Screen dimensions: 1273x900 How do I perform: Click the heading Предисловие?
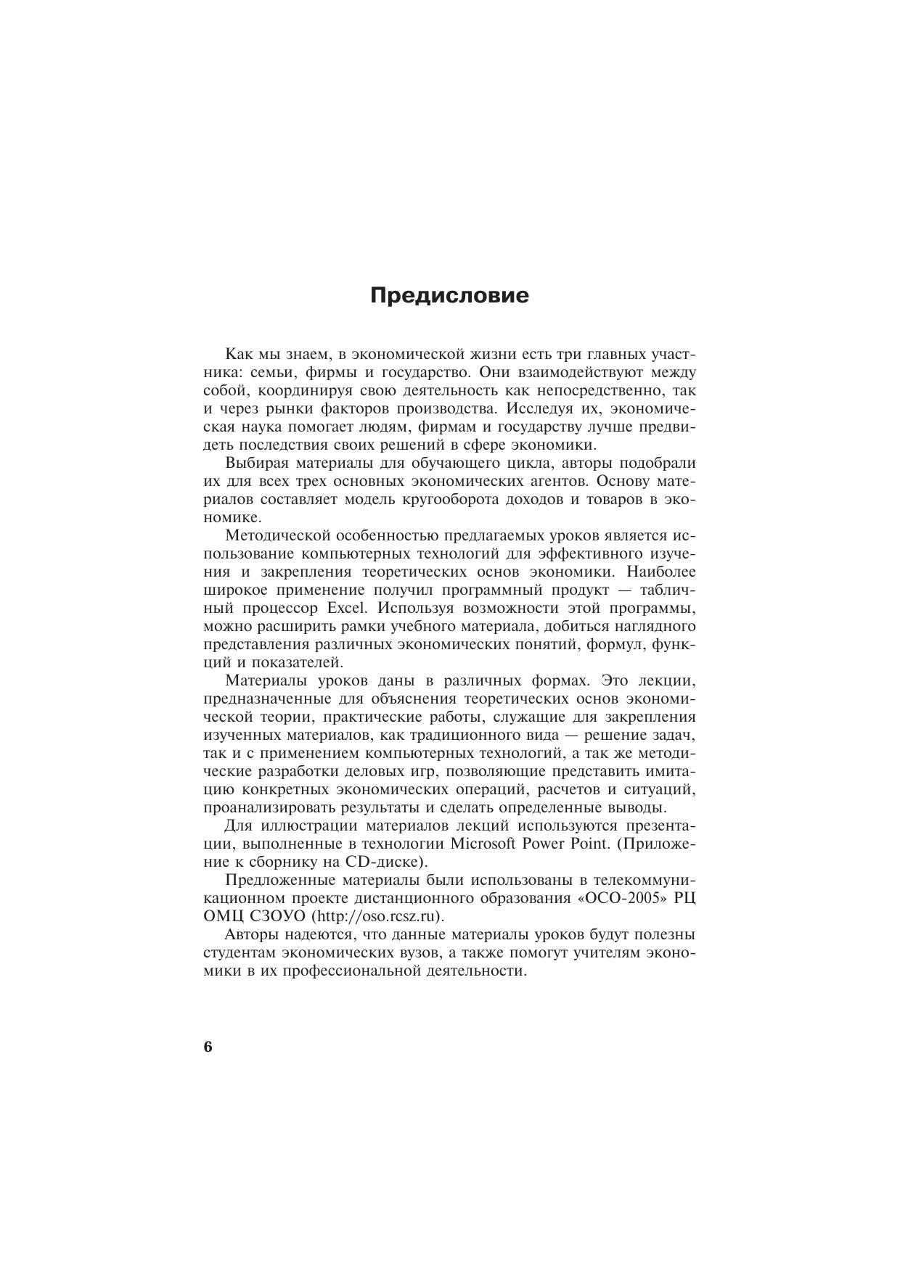click(449, 296)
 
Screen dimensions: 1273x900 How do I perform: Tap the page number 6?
click(208, 1047)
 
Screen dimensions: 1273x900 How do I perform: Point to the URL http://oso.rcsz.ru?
click(378, 915)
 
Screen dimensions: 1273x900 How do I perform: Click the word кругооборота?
click(430, 500)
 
